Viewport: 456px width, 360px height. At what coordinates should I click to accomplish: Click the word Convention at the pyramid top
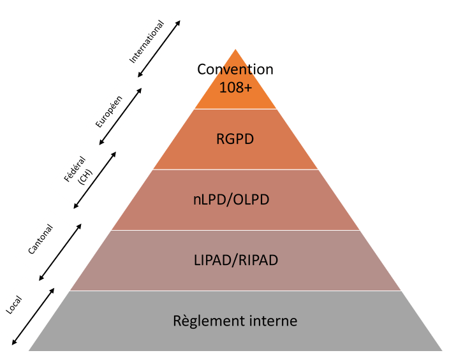coord(235,69)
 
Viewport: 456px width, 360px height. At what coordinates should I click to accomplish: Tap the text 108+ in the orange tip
coord(235,87)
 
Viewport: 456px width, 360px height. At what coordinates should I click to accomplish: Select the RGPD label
coord(235,138)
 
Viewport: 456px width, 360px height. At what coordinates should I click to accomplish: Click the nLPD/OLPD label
coord(235,199)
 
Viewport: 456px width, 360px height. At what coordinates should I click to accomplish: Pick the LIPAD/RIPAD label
coord(235,260)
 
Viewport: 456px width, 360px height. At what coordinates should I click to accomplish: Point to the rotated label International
coord(147,41)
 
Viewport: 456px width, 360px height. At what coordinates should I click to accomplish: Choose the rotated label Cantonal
coord(40,240)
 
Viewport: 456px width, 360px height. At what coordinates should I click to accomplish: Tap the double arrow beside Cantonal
coord(61,252)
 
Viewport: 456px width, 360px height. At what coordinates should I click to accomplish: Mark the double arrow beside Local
coord(32,315)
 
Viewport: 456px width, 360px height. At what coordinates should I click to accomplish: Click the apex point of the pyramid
coord(235,50)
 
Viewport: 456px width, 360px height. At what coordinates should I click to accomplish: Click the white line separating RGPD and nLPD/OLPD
coord(235,169)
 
